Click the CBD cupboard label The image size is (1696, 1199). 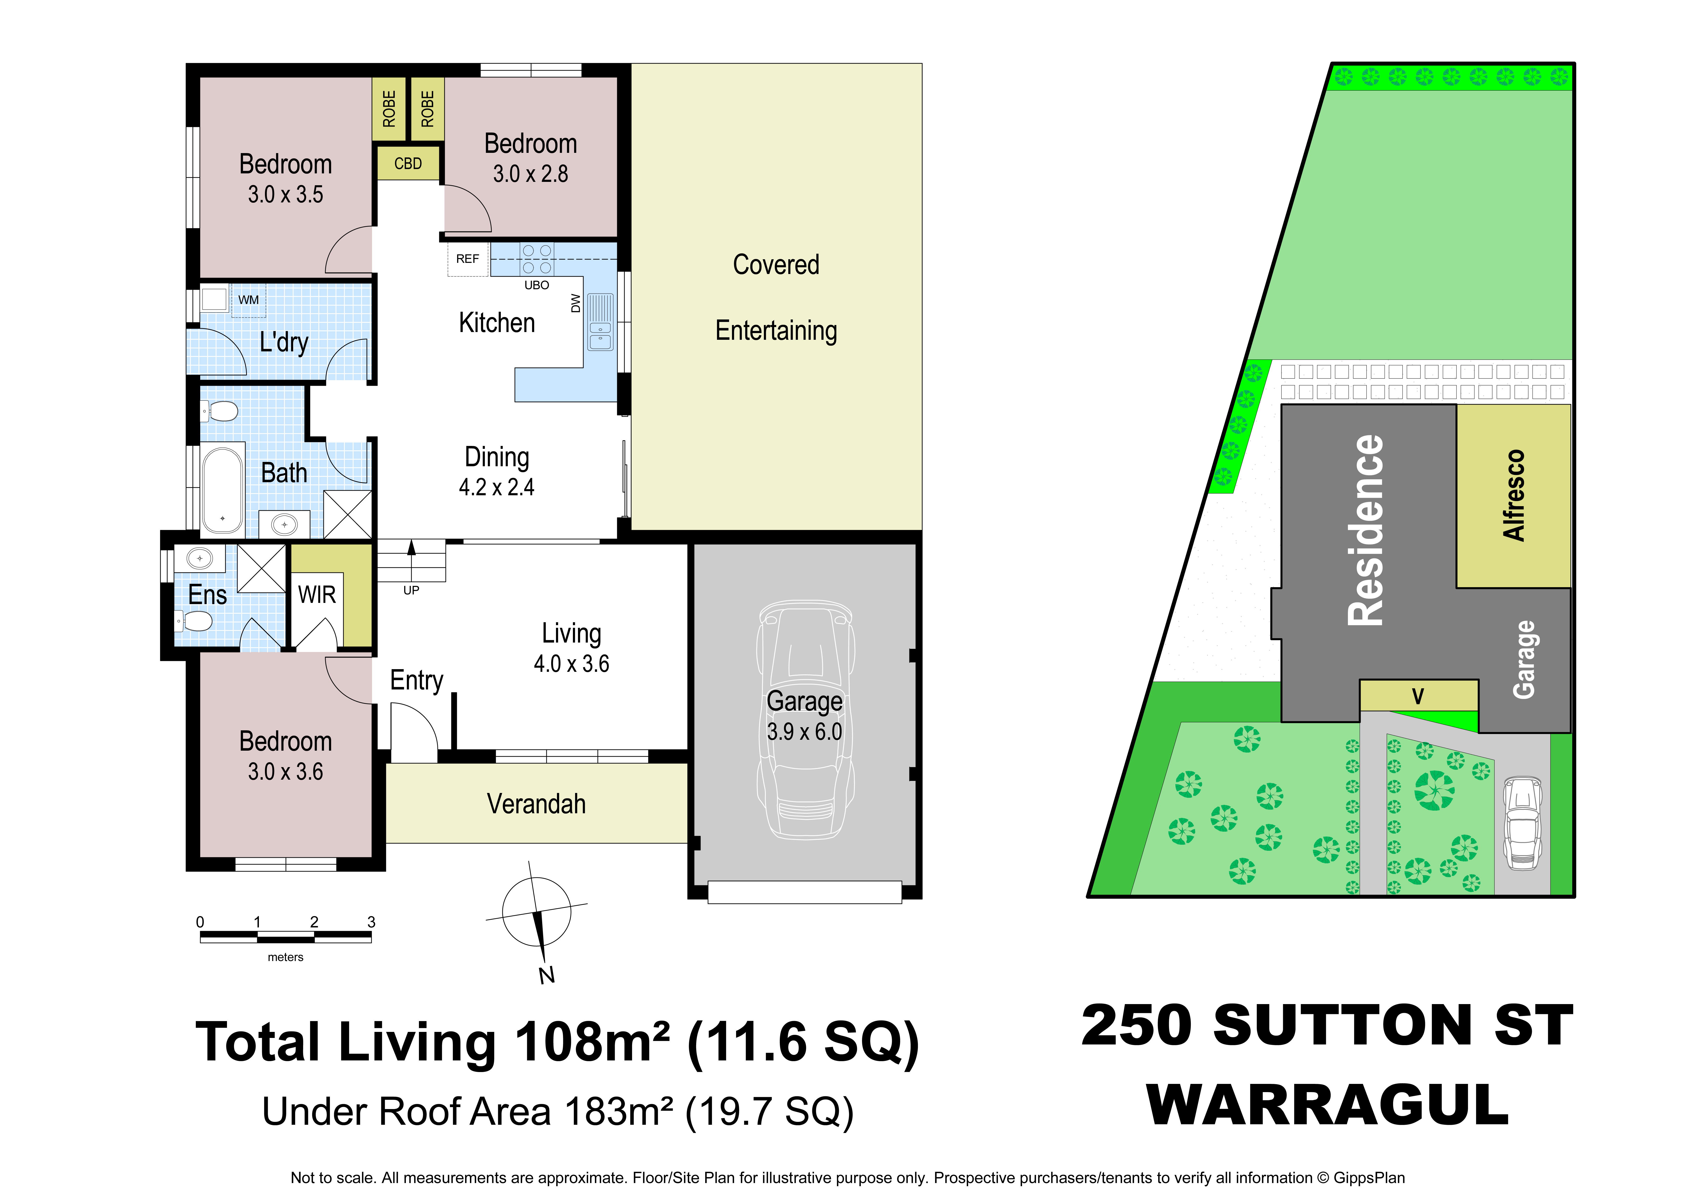tap(408, 163)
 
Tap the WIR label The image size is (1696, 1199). tap(317, 595)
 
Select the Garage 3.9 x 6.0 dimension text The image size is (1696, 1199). tap(804, 731)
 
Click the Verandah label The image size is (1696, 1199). tap(536, 804)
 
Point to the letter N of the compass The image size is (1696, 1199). tap(547, 975)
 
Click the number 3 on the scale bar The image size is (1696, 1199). tap(372, 922)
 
